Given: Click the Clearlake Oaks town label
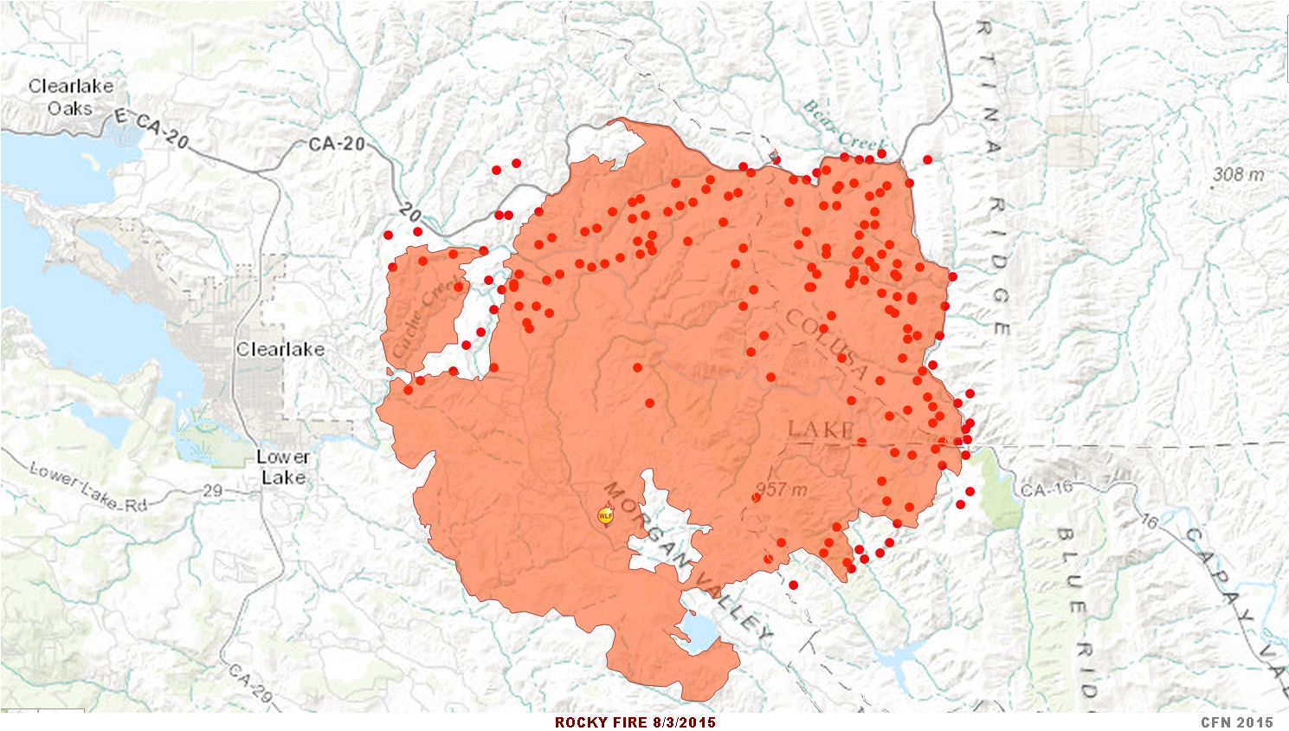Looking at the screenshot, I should (70, 97).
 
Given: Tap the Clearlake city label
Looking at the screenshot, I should (280, 349).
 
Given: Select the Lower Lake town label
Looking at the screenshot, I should (283, 467).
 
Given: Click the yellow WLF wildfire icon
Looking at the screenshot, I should (605, 515).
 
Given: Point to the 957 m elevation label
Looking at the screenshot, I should (781, 489).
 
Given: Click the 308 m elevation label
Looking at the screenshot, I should (1238, 174).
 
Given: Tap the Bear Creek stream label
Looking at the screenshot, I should (844, 126).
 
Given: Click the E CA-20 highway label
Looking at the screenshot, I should (151, 130).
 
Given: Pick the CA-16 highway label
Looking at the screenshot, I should (1046, 489).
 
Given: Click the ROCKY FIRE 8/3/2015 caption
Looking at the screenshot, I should (635, 722).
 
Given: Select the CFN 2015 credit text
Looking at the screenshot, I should (1236, 722).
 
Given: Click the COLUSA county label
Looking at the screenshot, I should (826, 345).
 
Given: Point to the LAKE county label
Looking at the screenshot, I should (821, 429).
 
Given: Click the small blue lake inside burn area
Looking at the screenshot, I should (699, 631).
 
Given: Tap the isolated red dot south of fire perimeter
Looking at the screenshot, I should (793, 585).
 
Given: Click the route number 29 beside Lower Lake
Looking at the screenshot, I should (213, 490).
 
